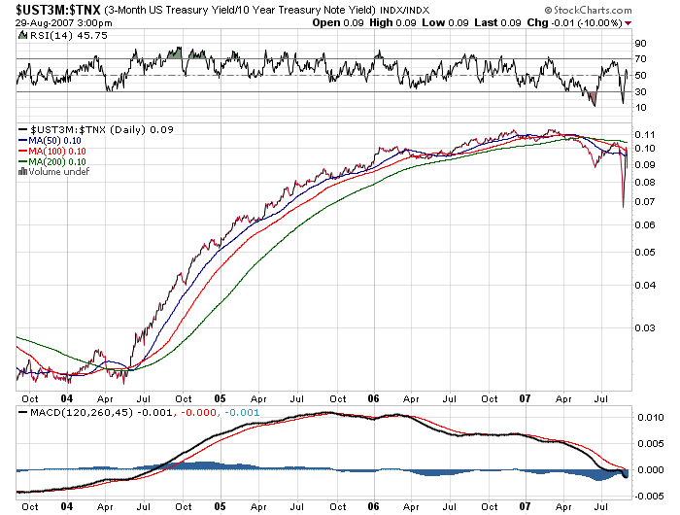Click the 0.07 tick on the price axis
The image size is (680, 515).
[643, 202]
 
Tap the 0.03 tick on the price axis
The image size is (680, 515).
[643, 329]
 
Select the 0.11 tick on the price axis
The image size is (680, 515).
[643, 133]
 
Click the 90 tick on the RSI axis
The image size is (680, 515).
[641, 44]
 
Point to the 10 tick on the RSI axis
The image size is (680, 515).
[641, 107]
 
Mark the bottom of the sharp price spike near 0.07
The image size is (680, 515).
[623, 206]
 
